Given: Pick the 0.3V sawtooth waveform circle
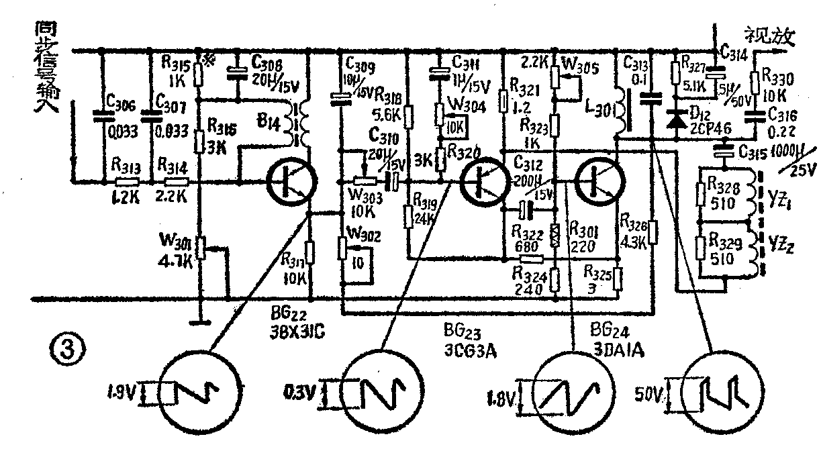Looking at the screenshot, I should (x=381, y=391).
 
